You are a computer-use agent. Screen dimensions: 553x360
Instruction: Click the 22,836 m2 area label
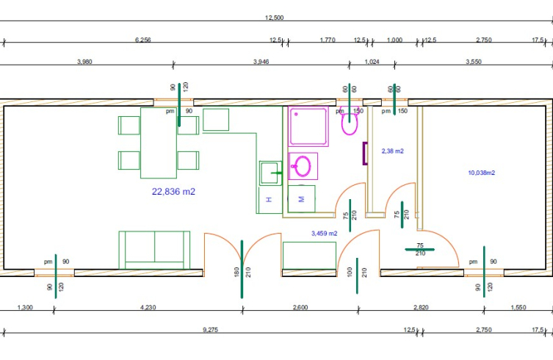pyautogui.click(x=173, y=192)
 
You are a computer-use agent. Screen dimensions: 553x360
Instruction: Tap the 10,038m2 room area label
pyautogui.click(x=482, y=173)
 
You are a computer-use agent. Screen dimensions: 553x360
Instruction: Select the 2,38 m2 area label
pyautogui.click(x=392, y=151)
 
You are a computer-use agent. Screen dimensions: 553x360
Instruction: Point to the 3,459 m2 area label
pyautogui.click(x=324, y=234)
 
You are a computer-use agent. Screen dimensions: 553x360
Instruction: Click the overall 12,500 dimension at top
pyautogui.click(x=275, y=18)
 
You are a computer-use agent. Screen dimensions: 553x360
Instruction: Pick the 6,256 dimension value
pyautogui.click(x=142, y=40)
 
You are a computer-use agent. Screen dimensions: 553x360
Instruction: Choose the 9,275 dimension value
pyautogui.click(x=210, y=330)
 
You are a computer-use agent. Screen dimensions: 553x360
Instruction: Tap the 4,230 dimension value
pyautogui.click(x=148, y=307)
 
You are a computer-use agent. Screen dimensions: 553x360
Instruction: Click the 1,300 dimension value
pyautogui.click(x=25, y=307)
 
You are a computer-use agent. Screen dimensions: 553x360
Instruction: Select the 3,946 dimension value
pyautogui.click(x=261, y=62)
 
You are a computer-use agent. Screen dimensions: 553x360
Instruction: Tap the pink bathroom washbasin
pyautogui.click(x=303, y=166)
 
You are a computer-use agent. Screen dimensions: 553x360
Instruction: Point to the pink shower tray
pyautogui.click(x=308, y=126)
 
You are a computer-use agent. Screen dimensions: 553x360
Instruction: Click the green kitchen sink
pyautogui.click(x=270, y=173)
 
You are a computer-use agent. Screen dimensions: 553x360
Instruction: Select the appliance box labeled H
pyautogui.click(x=270, y=200)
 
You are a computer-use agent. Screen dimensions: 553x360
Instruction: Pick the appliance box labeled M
pyautogui.click(x=301, y=199)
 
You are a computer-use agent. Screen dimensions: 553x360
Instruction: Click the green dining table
pyautogui.click(x=159, y=143)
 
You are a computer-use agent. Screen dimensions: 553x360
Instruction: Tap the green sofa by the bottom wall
pyautogui.click(x=154, y=251)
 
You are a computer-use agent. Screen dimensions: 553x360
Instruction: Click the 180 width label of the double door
pyautogui.click(x=236, y=272)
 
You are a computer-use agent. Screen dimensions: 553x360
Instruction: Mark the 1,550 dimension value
pyautogui.click(x=518, y=307)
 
